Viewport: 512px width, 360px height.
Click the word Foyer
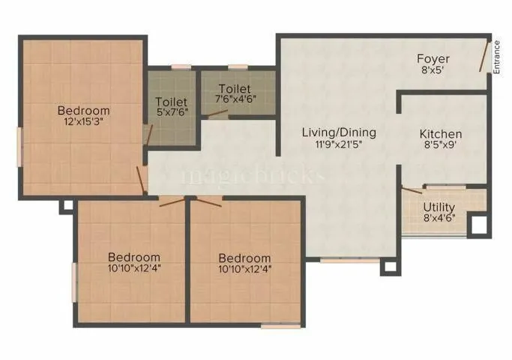tap(433, 58)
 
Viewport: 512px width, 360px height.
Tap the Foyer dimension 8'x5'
tap(433, 70)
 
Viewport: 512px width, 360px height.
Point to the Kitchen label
tap(441, 134)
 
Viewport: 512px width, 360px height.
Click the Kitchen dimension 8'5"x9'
tap(441, 146)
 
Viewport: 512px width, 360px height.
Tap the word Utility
tap(439, 207)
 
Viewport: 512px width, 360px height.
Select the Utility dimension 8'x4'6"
tap(439, 219)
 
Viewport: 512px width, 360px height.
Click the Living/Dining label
tap(339, 133)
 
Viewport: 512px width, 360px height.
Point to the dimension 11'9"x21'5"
tap(339, 145)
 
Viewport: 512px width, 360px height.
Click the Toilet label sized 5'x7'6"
tap(171, 101)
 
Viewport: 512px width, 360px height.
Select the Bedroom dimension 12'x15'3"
tap(84, 123)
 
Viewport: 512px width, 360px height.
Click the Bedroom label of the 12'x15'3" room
tap(84, 111)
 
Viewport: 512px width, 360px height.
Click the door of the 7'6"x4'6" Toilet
tap(218, 115)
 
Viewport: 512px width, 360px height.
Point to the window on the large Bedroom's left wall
tap(19, 142)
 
